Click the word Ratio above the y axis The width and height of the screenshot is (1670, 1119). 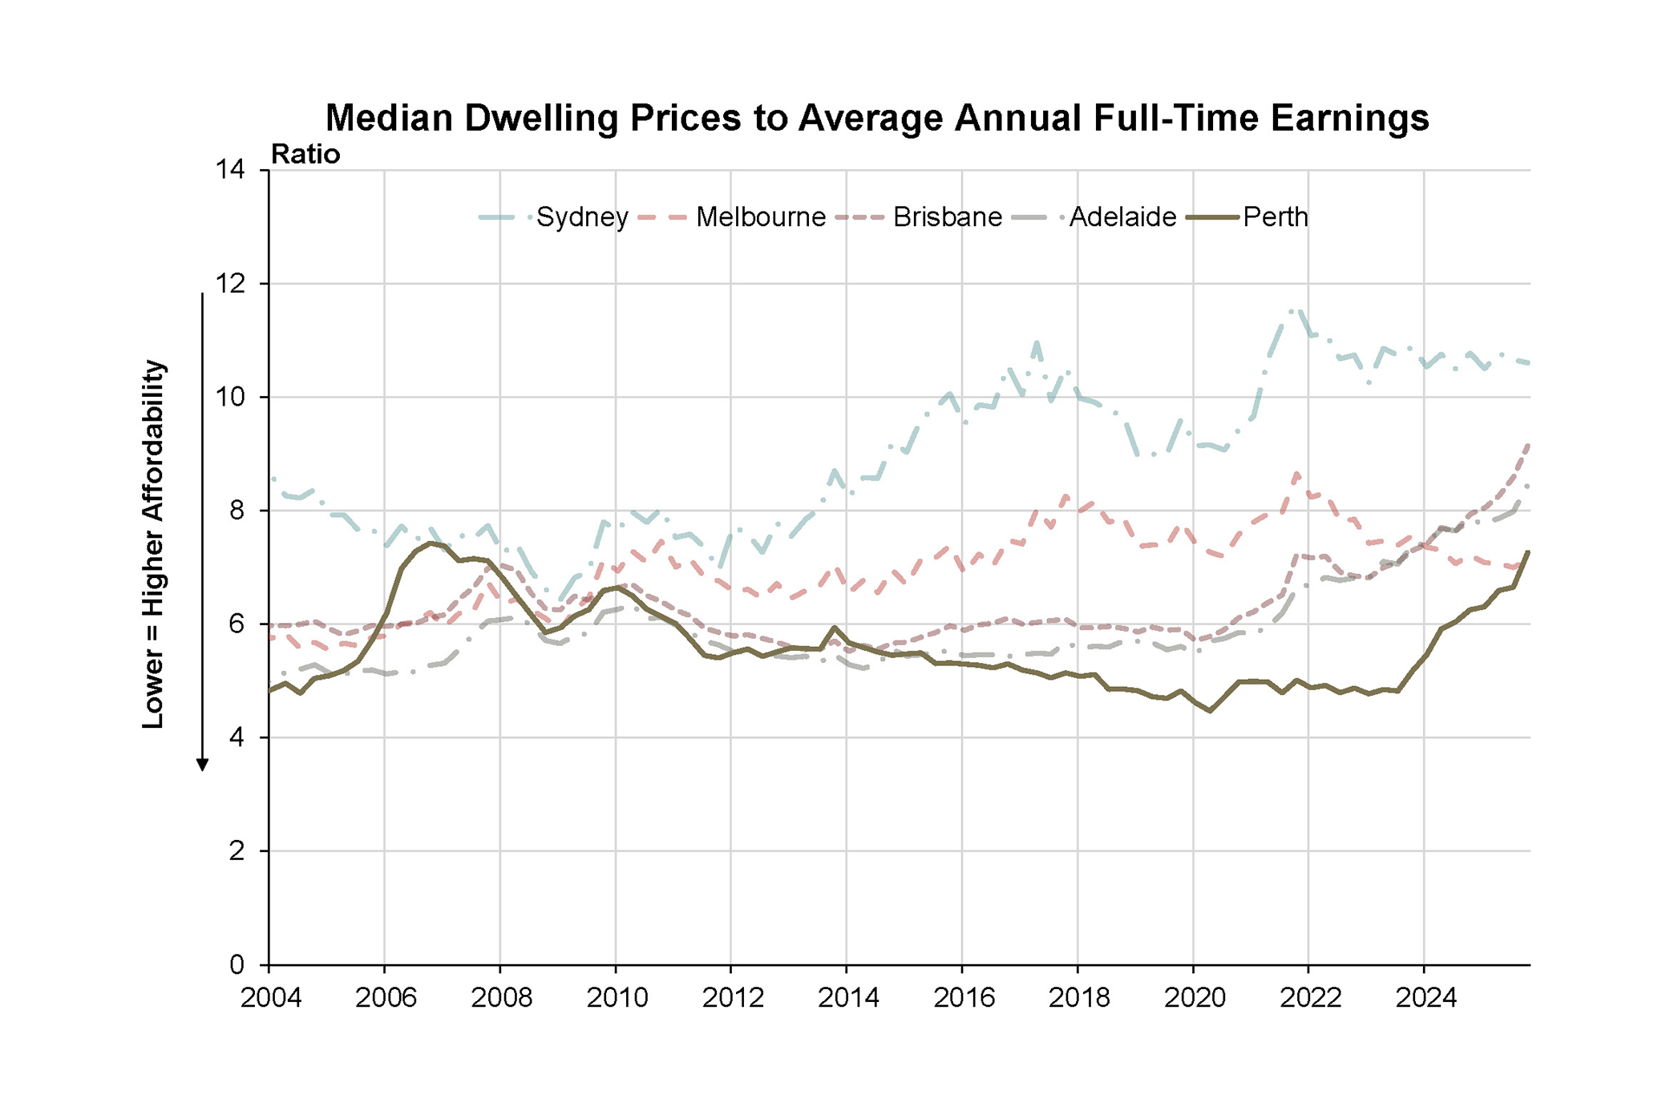coord(305,154)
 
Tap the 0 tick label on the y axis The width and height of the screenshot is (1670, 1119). coord(237,964)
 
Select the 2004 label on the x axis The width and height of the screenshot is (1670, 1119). coord(270,998)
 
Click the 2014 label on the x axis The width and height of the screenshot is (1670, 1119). coord(847,998)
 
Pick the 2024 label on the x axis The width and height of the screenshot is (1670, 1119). coord(1425,998)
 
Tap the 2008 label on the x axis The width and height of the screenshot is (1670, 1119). coord(501,998)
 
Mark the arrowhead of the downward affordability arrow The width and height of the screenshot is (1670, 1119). coord(203,765)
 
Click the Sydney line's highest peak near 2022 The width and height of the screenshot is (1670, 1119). coord(1295,310)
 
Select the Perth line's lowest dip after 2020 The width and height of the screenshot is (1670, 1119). coord(1210,711)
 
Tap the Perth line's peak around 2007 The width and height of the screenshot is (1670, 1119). coord(431,543)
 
